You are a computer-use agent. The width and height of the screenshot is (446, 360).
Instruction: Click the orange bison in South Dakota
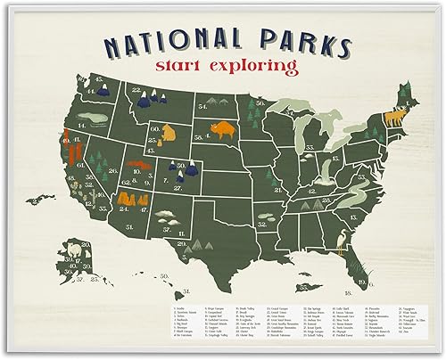point(218,131)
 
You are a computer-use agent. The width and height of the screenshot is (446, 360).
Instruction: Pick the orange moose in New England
point(392,115)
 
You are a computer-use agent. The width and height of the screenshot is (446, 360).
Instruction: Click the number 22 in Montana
point(136,90)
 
